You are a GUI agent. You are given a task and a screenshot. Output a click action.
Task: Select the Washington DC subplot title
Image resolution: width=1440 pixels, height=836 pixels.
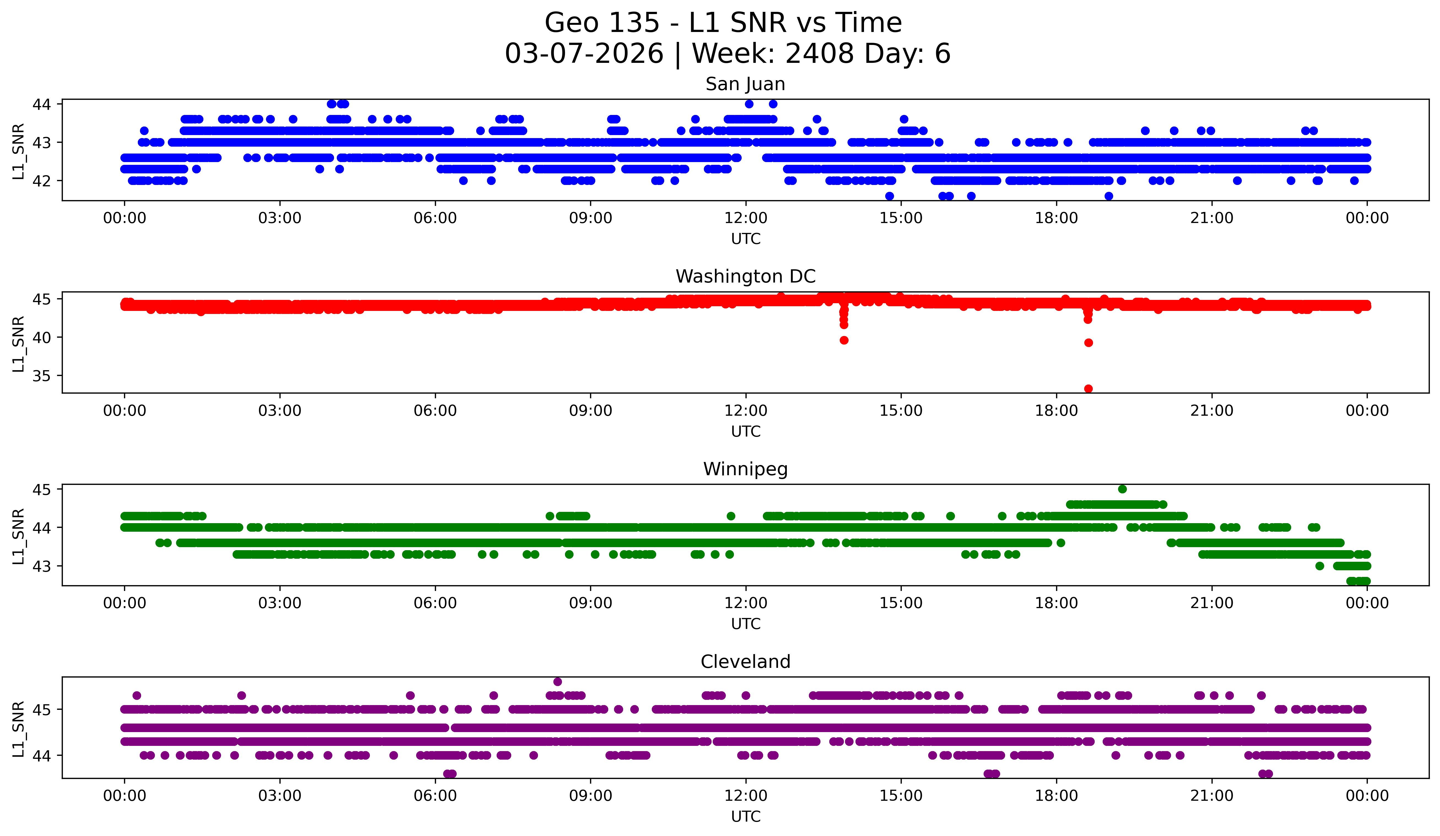pos(745,276)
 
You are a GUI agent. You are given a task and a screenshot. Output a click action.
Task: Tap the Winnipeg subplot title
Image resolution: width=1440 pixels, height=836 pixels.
pos(745,469)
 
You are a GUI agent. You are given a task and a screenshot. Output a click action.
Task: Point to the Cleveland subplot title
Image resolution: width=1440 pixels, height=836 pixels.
pos(745,662)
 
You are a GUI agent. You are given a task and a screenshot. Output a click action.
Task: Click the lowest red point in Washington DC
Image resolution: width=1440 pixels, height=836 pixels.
pos(1088,389)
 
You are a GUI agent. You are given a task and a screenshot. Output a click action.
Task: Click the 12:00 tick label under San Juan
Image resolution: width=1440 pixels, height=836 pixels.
pos(746,218)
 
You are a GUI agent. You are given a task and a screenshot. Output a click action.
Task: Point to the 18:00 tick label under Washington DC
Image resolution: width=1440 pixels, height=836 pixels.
pos(1056,411)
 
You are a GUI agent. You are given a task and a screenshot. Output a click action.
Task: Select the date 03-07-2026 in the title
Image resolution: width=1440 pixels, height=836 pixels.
pos(584,54)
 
